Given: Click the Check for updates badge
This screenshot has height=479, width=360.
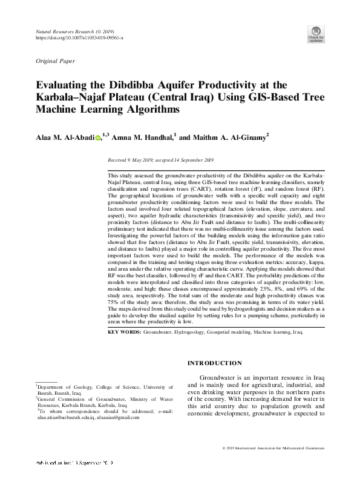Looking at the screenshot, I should pos(316,34).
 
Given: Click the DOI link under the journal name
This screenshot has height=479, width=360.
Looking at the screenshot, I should pos(80,38).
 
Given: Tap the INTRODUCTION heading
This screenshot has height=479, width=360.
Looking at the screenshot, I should pos(215,363).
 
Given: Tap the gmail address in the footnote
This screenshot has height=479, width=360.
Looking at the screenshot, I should pos(130,418).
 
